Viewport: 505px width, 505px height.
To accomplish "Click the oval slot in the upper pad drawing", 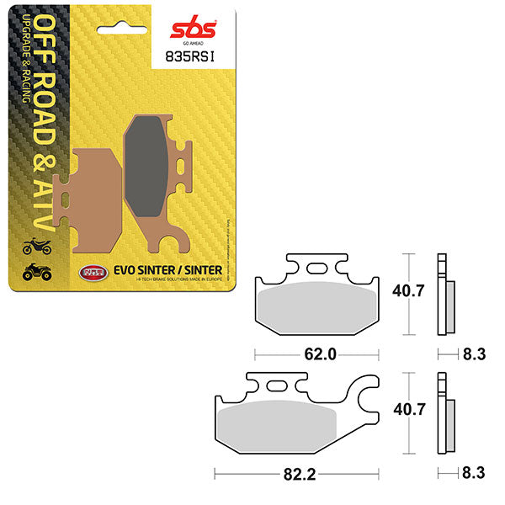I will tap(318, 268).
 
